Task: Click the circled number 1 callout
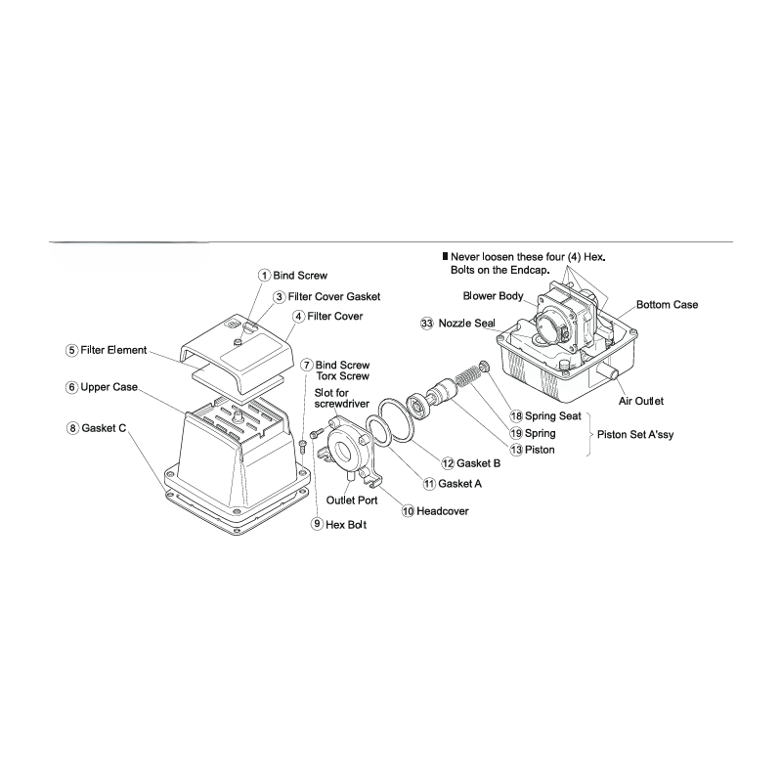click(x=264, y=276)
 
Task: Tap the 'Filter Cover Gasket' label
click(x=334, y=297)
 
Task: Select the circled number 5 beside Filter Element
click(x=71, y=351)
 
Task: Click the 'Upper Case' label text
click(x=109, y=387)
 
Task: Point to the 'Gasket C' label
click(x=104, y=428)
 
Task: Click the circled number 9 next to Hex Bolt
click(x=317, y=524)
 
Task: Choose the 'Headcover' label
click(x=443, y=511)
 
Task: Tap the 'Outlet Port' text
click(x=352, y=500)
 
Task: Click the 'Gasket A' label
click(x=459, y=484)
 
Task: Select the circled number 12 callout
click(x=448, y=463)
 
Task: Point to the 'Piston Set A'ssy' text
click(x=635, y=435)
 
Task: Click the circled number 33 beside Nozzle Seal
click(x=427, y=324)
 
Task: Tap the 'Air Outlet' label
click(x=641, y=401)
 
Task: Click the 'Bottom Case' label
click(x=667, y=305)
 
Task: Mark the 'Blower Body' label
click(x=493, y=296)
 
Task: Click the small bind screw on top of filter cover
click(x=239, y=341)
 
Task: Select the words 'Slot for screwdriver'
click(x=341, y=398)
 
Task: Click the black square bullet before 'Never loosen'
click(x=446, y=257)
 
